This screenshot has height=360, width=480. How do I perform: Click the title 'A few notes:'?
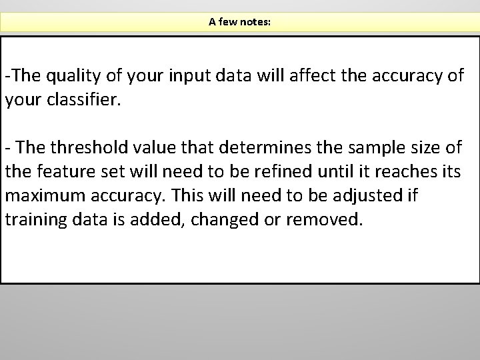pos(239,22)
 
